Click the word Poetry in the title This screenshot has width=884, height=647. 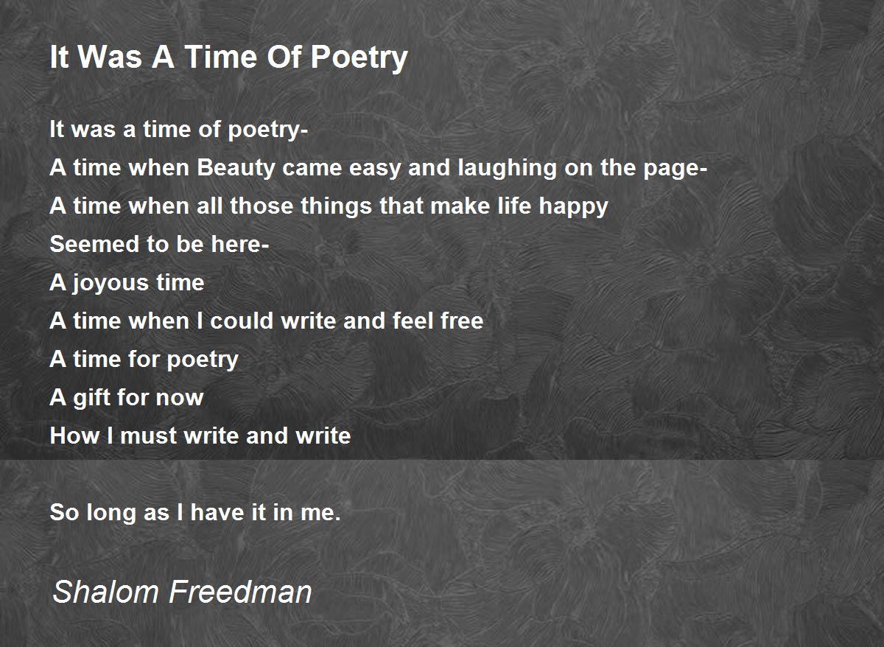coord(359,58)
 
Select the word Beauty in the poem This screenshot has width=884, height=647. coord(236,169)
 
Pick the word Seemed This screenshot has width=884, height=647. coord(94,244)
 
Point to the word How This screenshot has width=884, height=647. coord(74,436)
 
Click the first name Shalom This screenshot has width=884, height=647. coord(105,592)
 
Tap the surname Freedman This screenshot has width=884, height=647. coord(240,592)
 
